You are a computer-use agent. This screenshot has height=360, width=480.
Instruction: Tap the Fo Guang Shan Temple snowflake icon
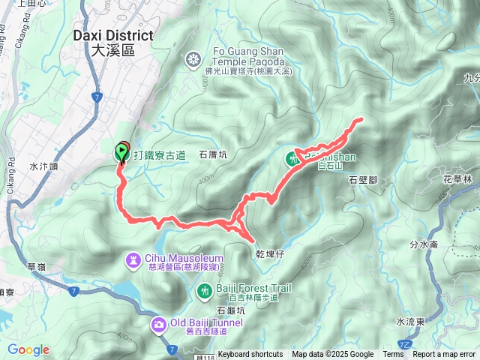194,58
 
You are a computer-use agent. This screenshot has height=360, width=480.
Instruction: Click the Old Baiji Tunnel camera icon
159,324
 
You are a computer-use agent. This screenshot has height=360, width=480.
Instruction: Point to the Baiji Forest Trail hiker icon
203,289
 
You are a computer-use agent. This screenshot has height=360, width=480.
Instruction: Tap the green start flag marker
121,152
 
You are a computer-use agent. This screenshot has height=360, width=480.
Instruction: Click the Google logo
28,350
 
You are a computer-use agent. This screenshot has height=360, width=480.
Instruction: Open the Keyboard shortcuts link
250,355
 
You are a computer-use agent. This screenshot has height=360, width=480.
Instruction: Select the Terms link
393,355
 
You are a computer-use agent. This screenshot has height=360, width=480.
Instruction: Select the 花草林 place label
457,179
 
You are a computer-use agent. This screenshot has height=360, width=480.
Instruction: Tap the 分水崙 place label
424,244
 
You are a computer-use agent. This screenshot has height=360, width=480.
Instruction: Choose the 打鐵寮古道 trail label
159,155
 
